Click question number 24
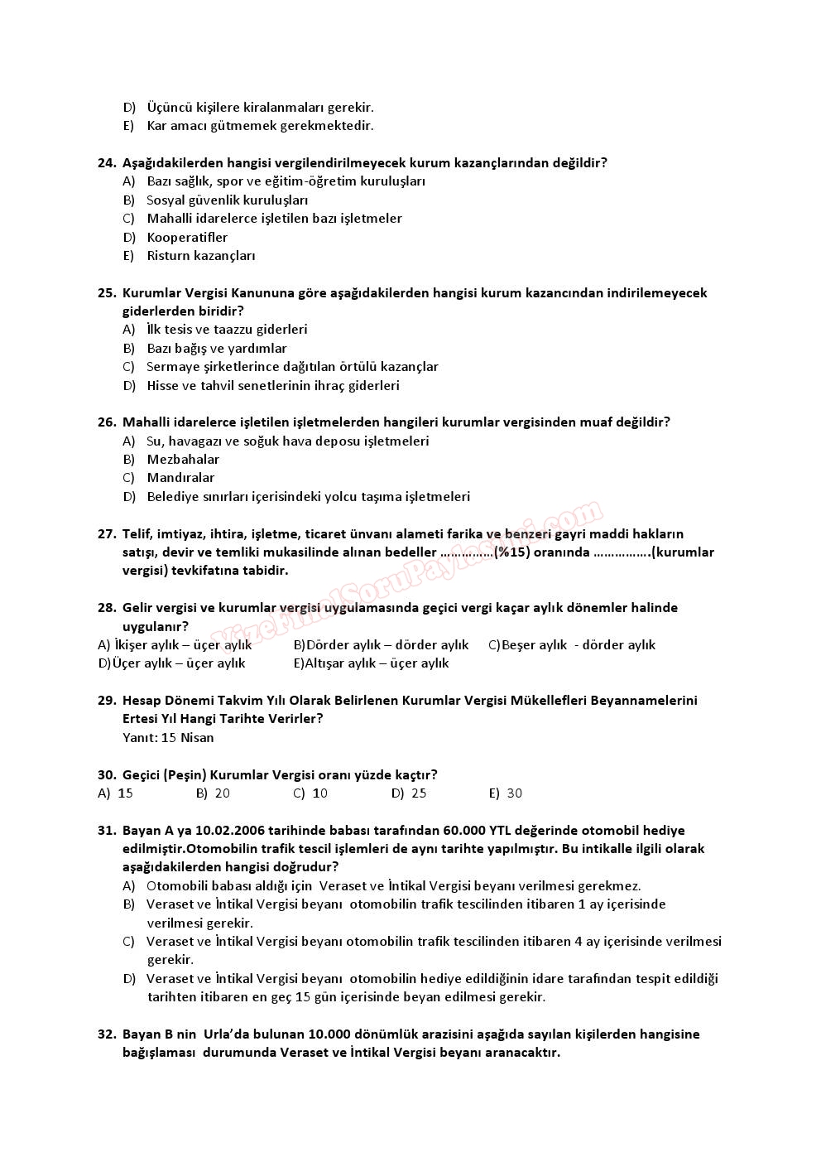click(x=107, y=163)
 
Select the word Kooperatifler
click(x=187, y=238)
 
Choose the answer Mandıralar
click(x=180, y=478)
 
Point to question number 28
click(x=107, y=608)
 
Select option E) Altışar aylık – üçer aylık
click(x=372, y=663)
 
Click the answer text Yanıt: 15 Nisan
click(x=168, y=738)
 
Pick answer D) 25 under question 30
click(x=410, y=793)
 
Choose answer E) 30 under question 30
click(x=506, y=793)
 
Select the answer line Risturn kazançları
click(x=201, y=256)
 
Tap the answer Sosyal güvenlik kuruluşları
click(x=227, y=200)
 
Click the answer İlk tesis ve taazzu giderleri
click(x=227, y=330)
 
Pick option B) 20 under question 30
click(x=214, y=793)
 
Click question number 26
click(x=107, y=422)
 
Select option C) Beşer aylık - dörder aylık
click(x=572, y=645)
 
